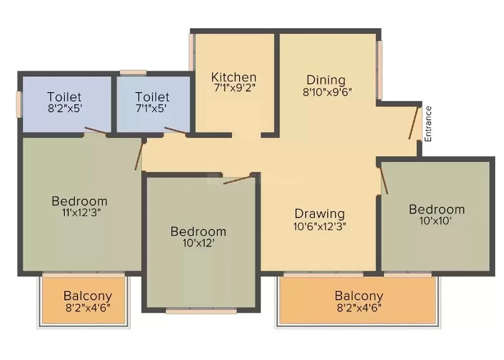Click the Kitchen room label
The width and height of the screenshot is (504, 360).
click(234, 77)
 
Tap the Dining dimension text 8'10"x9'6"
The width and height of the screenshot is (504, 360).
click(327, 92)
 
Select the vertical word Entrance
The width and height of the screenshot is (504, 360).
click(428, 124)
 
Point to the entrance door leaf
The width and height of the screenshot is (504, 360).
click(413, 122)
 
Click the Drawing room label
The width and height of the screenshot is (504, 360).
click(319, 214)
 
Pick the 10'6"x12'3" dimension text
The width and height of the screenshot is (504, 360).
click(319, 227)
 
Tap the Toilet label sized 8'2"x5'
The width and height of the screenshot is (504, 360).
click(64, 97)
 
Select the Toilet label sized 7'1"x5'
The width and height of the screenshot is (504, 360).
click(152, 97)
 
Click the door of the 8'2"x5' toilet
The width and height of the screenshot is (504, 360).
click(95, 130)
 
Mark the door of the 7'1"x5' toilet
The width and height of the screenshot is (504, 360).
click(175, 130)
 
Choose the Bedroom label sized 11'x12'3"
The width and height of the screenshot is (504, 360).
click(79, 201)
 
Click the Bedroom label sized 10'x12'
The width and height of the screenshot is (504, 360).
click(198, 231)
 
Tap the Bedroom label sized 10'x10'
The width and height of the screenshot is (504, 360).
click(437, 209)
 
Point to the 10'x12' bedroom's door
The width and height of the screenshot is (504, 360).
click(237, 180)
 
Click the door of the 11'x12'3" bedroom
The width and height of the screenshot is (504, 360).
click(139, 156)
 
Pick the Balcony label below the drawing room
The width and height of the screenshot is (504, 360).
click(359, 296)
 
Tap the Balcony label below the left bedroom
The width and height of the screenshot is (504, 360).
click(88, 296)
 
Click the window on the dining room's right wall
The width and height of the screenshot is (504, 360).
click(379, 70)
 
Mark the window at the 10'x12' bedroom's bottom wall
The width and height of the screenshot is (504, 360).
click(202, 311)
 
